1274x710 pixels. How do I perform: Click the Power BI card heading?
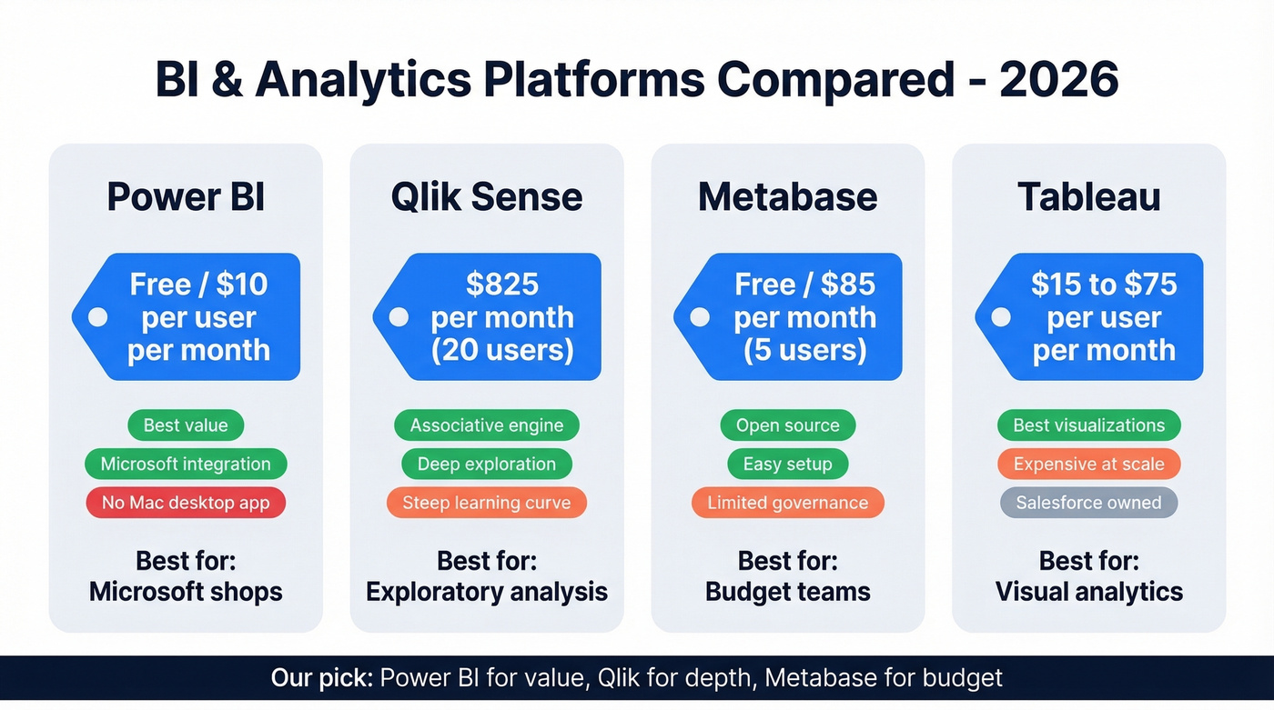tap(186, 197)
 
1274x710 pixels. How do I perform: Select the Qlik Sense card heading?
tap(487, 197)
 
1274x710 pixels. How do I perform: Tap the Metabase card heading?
tap(787, 197)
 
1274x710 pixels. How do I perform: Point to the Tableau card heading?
tap(1088, 197)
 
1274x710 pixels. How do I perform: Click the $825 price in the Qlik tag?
tap(502, 285)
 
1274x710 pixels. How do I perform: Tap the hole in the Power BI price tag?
tap(96, 317)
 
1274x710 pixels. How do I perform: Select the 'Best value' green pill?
tap(186, 425)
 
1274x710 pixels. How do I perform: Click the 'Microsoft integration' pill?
tap(186, 464)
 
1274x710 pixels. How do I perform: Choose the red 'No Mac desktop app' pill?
tap(186, 503)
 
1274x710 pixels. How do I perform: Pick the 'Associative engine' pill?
tap(487, 425)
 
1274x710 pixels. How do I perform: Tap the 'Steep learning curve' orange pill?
tap(487, 503)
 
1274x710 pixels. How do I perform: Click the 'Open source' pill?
tap(787, 425)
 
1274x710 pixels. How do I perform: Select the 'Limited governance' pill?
tap(787, 503)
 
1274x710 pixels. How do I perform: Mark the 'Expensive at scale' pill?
tap(1088, 464)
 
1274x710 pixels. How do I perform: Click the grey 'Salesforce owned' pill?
tap(1088, 503)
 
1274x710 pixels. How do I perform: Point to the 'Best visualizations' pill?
tap(1088, 425)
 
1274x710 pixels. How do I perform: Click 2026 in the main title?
tap(1058, 80)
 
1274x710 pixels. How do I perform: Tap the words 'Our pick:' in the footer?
tap(322, 678)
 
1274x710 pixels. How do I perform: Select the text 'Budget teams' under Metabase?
tap(787, 592)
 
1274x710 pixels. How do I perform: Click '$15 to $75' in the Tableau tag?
tap(1104, 285)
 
